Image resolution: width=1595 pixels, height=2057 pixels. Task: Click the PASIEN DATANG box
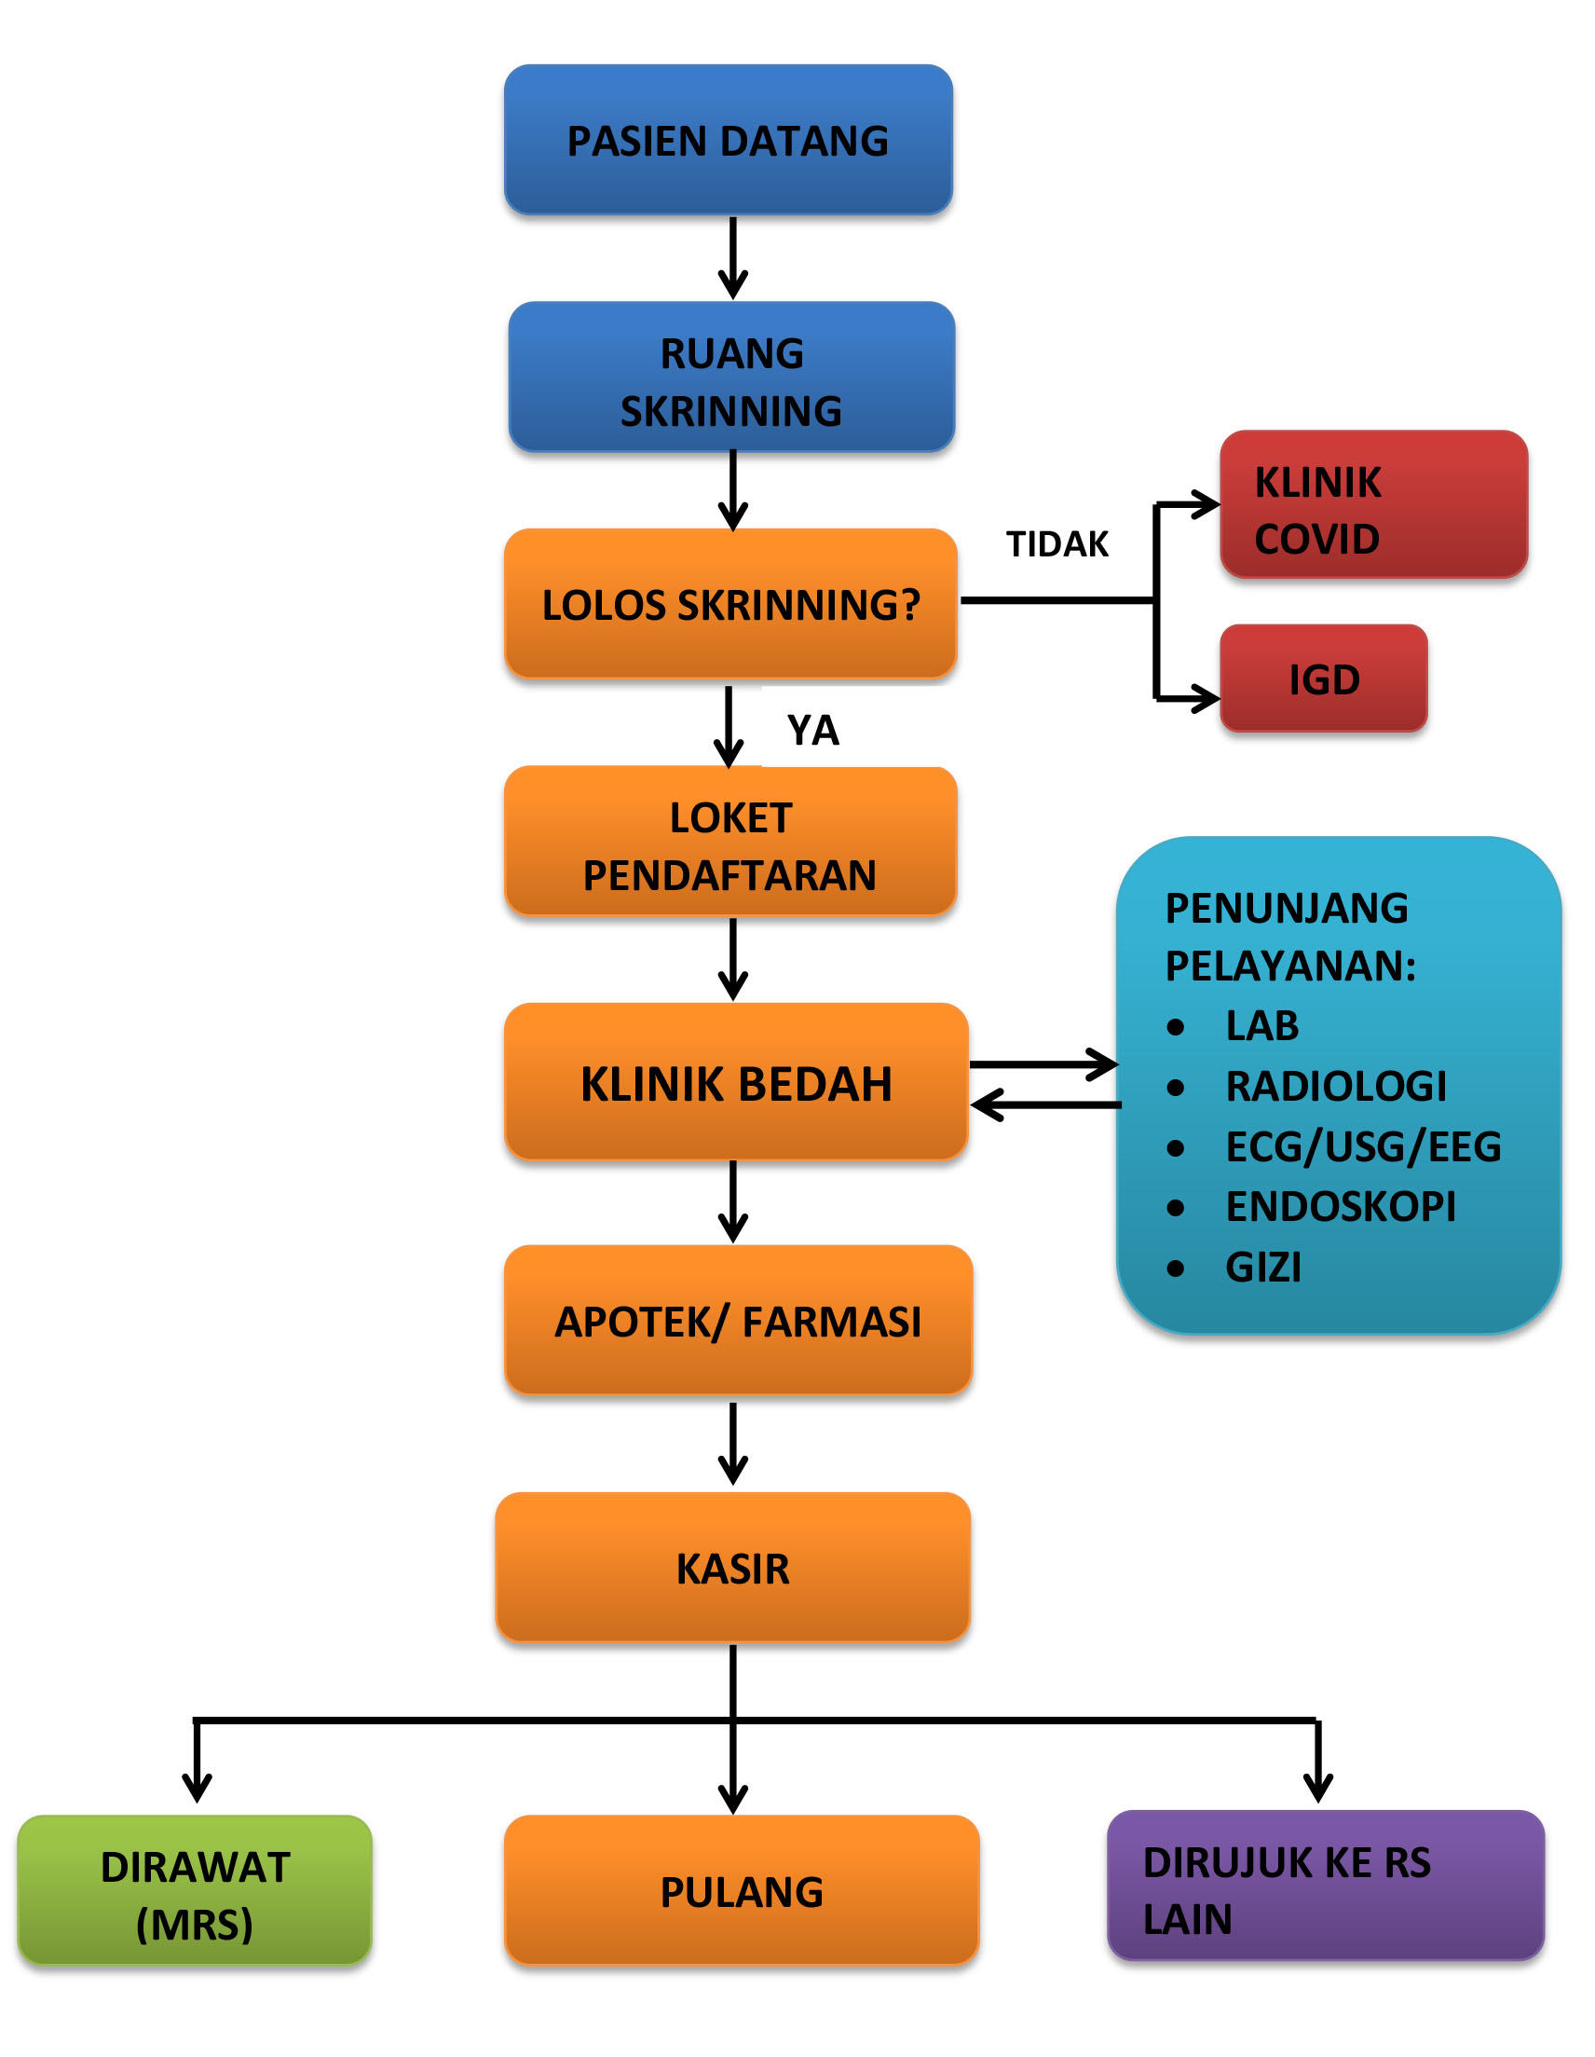click(728, 140)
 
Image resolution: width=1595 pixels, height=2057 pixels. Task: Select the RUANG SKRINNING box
click(731, 377)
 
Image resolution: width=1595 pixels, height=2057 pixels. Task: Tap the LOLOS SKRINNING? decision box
click(730, 604)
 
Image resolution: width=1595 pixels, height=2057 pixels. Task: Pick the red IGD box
click(1324, 679)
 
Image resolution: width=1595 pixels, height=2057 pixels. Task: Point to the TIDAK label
click(1057, 544)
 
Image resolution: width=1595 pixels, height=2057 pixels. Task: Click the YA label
click(812, 730)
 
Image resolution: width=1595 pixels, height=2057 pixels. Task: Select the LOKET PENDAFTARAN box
click(730, 841)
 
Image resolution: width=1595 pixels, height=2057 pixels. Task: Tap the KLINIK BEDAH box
click(736, 1081)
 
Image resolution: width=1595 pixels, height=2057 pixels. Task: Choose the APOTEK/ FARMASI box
click(738, 1320)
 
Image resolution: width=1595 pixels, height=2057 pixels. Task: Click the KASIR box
click(732, 1568)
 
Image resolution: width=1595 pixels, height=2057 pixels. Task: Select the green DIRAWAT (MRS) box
click(195, 1890)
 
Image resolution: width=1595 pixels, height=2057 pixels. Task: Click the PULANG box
click(742, 1890)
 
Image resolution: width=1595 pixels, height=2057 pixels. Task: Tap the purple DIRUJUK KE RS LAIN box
click(1326, 1886)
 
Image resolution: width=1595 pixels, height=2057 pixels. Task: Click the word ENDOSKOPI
click(1341, 1206)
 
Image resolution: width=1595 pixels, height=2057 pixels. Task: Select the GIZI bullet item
click(1234, 1267)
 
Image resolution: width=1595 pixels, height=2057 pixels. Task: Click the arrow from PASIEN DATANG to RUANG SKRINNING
click(732, 258)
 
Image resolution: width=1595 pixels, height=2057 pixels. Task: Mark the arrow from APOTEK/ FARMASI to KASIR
click(732, 1444)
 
